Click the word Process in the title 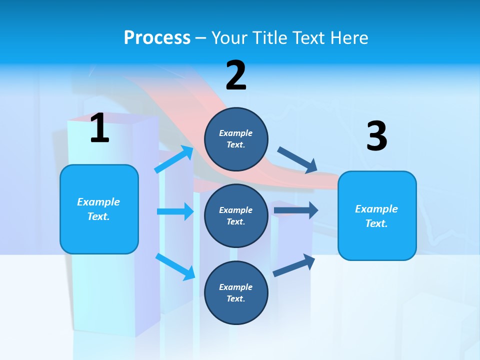pos(157,38)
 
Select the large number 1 pos(99,128)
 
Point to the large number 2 pos(236,75)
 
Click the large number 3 pos(376,136)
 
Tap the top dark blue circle pos(236,139)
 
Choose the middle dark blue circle pos(236,215)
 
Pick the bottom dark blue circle pos(236,292)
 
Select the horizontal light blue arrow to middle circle pos(175,211)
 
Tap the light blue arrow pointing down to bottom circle pos(175,266)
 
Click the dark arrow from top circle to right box pos(297,160)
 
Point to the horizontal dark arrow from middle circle pos(295,210)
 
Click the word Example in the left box pos(98,202)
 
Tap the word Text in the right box pos(376,223)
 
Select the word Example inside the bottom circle pos(236,287)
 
